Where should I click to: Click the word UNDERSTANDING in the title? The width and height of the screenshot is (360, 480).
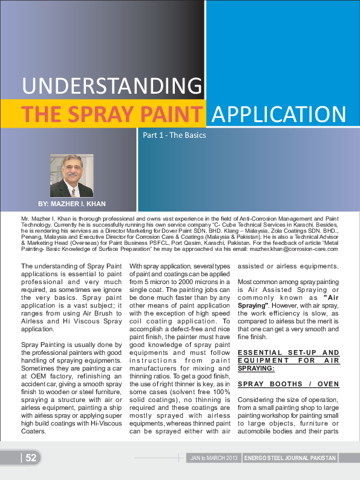click(112, 85)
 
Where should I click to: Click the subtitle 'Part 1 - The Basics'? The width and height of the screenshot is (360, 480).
click(174, 135)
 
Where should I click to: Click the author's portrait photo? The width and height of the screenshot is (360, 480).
click(71, 175)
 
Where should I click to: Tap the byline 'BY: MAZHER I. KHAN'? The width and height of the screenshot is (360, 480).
click(71, 205)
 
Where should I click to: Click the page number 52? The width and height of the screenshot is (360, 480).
click(31, 458)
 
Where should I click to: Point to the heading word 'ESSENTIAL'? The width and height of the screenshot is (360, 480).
click(258, 352)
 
